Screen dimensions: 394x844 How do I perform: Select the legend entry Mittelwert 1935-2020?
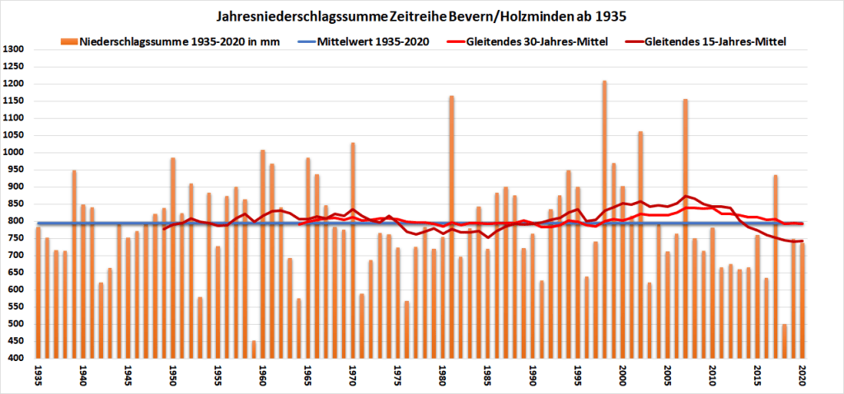(382, 42)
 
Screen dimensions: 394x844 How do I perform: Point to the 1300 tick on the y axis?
(16, 49)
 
